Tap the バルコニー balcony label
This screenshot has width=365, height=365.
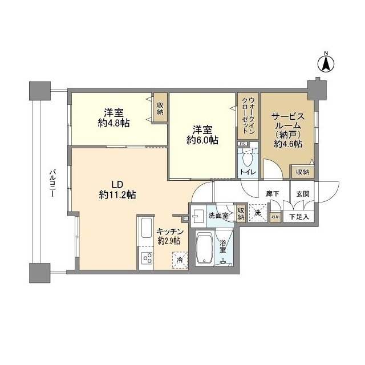coord(52,182)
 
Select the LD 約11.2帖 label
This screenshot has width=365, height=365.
coord(117,190)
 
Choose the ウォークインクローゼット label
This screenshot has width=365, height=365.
coord(248,116)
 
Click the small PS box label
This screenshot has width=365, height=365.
coord(242,144)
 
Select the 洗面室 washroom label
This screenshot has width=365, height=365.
coord(218,216)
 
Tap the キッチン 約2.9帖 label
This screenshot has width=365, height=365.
coord(169,236)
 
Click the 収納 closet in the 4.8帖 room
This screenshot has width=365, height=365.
coord(160,108)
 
